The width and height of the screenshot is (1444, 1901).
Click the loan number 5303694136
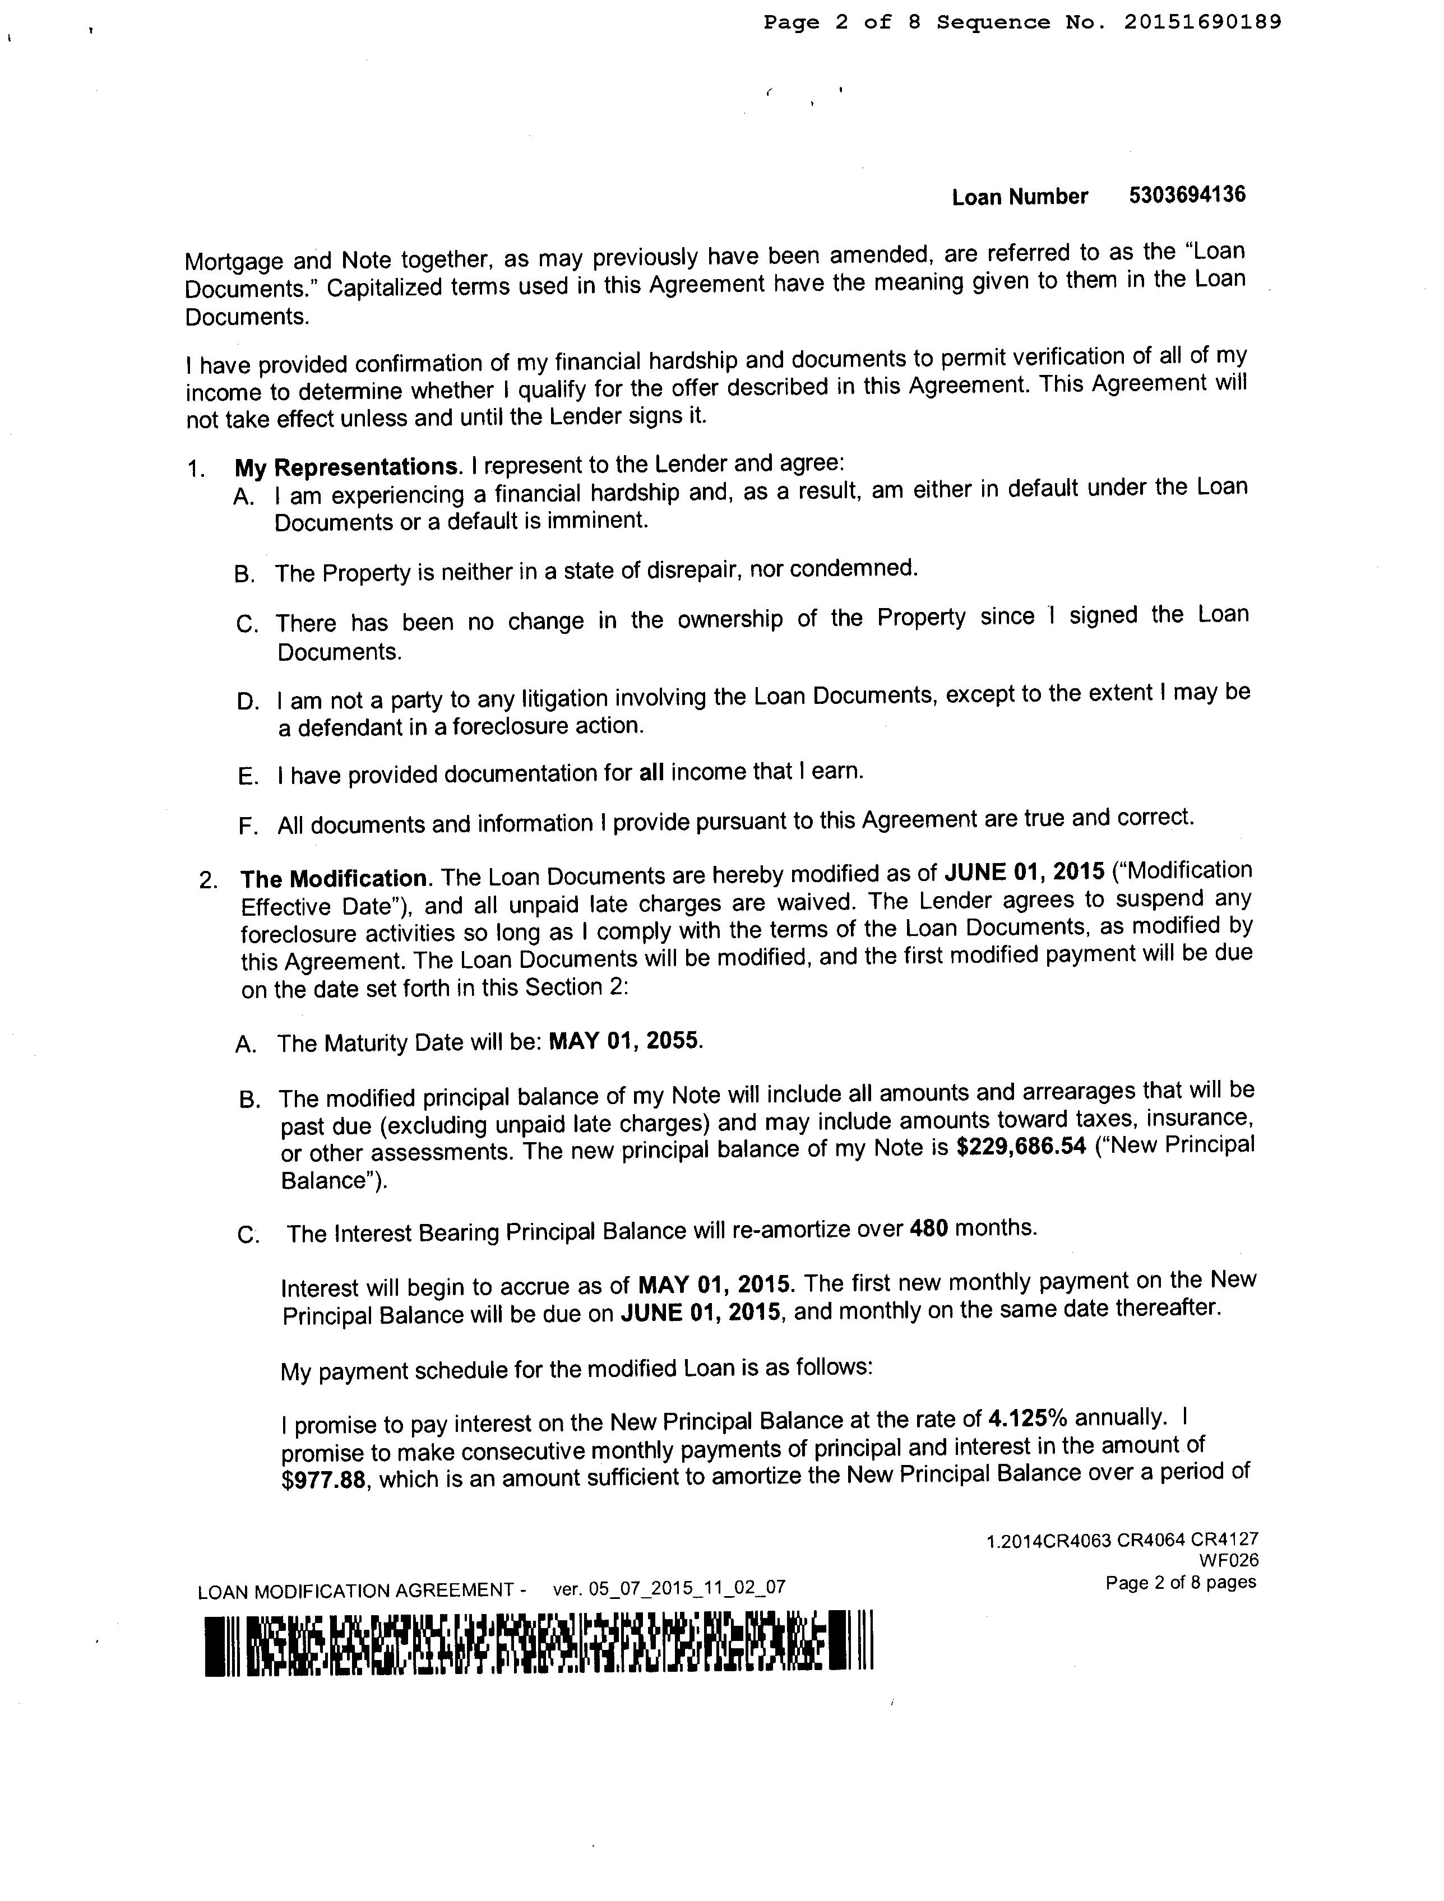[x=1187, y=195]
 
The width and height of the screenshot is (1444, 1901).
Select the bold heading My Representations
[x=345, y=467]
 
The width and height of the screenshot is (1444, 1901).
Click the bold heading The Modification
[x=334, y=878]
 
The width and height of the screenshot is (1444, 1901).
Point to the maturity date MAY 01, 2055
[x=625, y=1041]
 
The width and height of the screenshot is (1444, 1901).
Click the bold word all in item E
[x=651, y=773]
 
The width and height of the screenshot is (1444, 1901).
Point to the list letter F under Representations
[x=248, y=827]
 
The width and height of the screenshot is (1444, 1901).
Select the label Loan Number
[x=1020, y=197]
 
